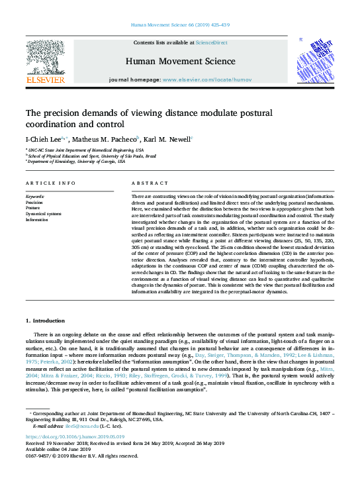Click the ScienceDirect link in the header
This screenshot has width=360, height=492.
pyautogui.click(x=212, y=42)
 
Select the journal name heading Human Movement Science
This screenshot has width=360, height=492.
pyautogui.click(x=179, y=62)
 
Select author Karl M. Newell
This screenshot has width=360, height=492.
pyautogui.click(x=168, y=140)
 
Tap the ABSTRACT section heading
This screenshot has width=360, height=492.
pyautogui.click(x=146, y=182)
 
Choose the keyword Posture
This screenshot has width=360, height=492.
pyautogui.click(x=34, y=208)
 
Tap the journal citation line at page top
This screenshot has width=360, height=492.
pyautogui.click(x=179, y=25)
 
